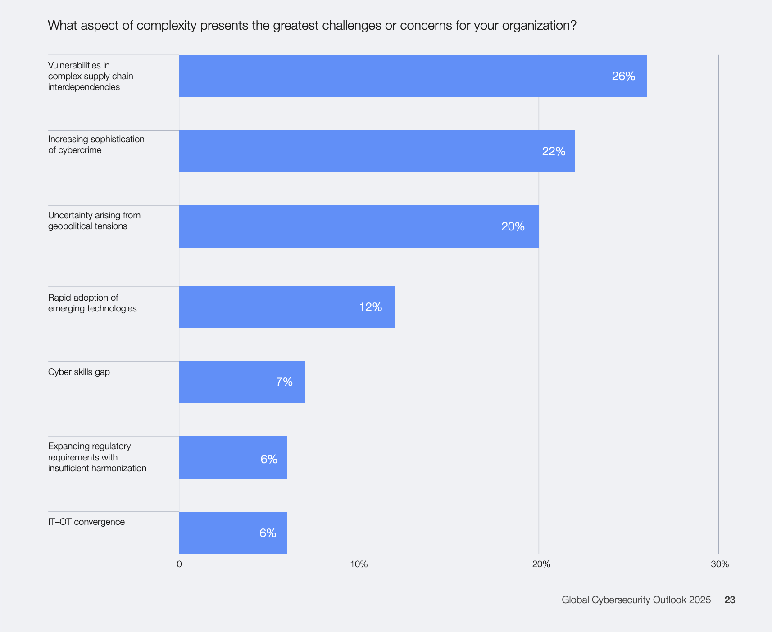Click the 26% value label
pyautogui.click(x=623, y=77)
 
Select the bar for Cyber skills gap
pyautogui.click(x=242, y=382)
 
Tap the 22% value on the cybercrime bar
pyautogui.click(x=554, y=152)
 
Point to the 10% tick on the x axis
pyautogui.click(x=359, y=564)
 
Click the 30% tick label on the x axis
pyautogui.click(x=719, y=564)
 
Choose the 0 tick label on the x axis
pyautogui.click(x=179, y=564)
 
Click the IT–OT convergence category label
pyautogui.click(x=86, y=522)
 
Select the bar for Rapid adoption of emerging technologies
pyautogui.click(x=287, y=307)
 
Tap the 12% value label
pyautogui.click(x=371, y=307)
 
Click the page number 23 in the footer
pyautogui.click(x=730, y=600)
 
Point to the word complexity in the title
pyautogui.click(x=166, y=26)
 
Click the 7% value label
pyautogui.click(x=284, y=382)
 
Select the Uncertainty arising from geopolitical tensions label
pyautogui.click(x=94, y=221)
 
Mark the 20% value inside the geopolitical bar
pyautogui.click(x=513, y=226)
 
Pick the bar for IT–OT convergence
pyautogui.click(x=233, y=533)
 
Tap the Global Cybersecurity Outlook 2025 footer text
pyautogui.click(x=636, y=600)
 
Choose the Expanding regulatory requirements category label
pyautogui.click(x=97, y=457)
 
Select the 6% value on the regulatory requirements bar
pyautogui.click(x=269, y=459)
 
